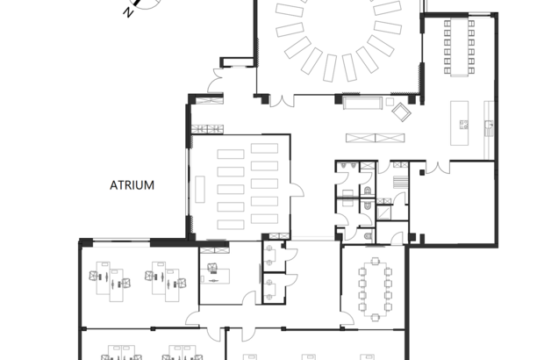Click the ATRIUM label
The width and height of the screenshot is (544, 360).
pyautogui.click(x=132, y=185)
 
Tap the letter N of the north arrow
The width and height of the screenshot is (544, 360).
pyautogui.click(x=128, y=13)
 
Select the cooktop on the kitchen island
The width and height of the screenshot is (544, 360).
pyautogui.click(x=464, y=125)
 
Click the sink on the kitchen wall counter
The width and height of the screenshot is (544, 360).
pyautogui.click(x=490, y=124)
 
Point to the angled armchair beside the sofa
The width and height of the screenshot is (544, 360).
pyautogui.click(x=401, y=112)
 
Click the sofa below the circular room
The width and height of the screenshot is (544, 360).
pyautogui.click(x=362, y=103)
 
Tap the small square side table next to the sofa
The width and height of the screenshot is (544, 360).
pyautogui.click(x=390, y=102)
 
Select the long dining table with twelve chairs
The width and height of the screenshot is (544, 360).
pyautogui.click(x=460, y=47)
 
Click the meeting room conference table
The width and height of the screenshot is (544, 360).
pyautogui.click(x=375, y=289)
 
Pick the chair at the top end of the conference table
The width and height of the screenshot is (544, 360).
pyautogui.click(x=375, y=261)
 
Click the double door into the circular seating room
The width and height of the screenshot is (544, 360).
pyautogui.click(x=282, y=101)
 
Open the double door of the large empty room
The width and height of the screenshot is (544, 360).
pyautogui.click(x=438, y=168)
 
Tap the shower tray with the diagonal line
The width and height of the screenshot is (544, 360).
pyautogui.click(x=383, y=212)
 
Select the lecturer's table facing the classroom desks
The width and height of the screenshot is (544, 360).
pyautogui.click(x=200, y=189)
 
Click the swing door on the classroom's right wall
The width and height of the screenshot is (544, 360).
pyautogui.click(x=297, y=191)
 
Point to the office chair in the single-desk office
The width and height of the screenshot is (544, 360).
pyautogui.click(x=212, y=267)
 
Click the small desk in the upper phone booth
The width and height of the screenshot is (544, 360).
pyautogui.click(x=270, y=256)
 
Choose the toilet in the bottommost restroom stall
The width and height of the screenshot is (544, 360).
pyautogui.click(x=369, y=237)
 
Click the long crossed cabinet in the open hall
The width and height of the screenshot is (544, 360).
pyautogui.click(x=376, y=138)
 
